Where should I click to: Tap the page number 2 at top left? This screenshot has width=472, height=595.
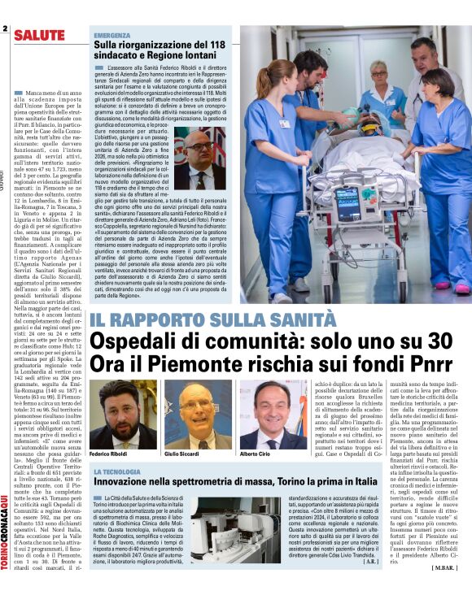click(5, 30)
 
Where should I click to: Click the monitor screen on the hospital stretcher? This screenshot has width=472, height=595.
click(347, 204)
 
